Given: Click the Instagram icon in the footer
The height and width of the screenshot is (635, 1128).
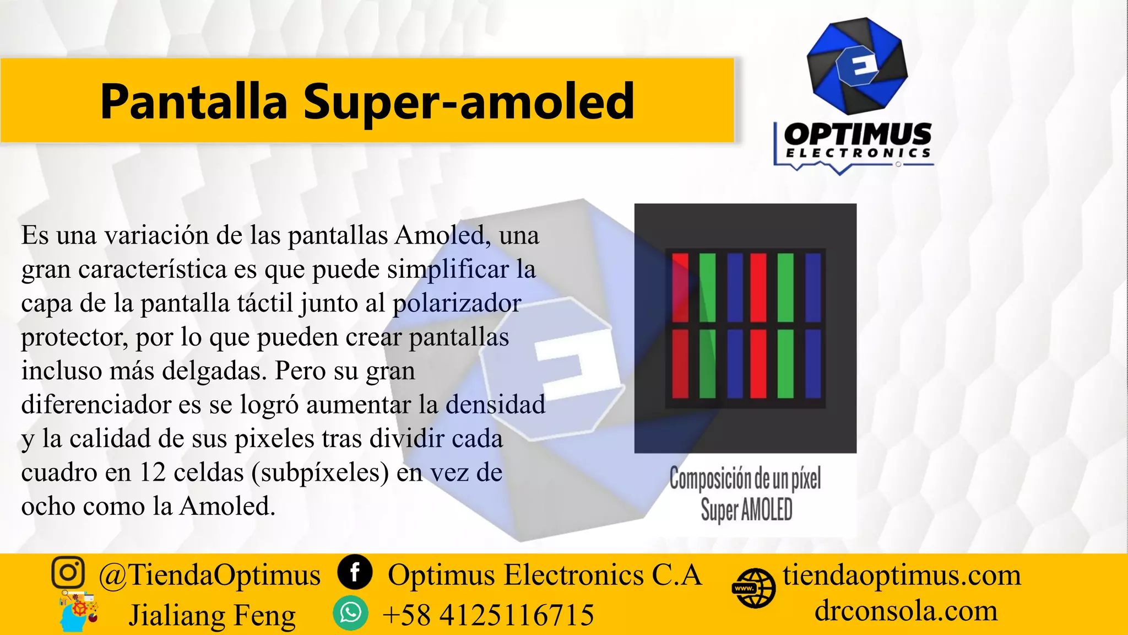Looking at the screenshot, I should click(x=68, y=573).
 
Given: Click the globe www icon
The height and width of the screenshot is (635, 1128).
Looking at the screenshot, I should click(x=754, y=588).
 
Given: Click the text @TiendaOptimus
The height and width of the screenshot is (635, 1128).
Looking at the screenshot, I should click(x=209, y=575).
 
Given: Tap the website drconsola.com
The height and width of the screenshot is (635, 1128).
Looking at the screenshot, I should click(x=906, y=611).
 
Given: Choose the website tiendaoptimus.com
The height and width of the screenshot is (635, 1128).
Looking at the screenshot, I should click(x=902, y=575).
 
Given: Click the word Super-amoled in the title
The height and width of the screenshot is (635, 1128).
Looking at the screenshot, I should click(x=469, y=101).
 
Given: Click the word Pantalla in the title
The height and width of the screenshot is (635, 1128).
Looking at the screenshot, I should click(x=194, y=101).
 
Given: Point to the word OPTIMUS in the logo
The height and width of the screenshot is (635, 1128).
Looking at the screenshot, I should click(x=858, y=134).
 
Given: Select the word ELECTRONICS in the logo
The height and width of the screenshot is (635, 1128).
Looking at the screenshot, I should click(x=858, y=153).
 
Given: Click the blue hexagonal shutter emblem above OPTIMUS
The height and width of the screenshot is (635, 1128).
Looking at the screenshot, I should click(x=856, y=66).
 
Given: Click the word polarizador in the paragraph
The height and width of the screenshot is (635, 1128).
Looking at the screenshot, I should click(x=457, y=303).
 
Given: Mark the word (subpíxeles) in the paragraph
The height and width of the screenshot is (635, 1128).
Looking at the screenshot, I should click(x=320, y=473).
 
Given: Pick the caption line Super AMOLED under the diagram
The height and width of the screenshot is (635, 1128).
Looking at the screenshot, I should click(x=746, y=509).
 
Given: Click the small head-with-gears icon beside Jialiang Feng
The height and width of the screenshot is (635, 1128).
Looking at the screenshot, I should click(x=78, y=612).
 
